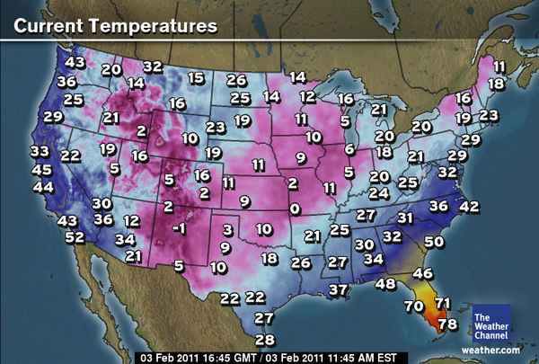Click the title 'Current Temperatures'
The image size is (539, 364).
(114, 25)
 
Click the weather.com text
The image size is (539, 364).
(490, 350)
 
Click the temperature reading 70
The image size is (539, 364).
(414, 306)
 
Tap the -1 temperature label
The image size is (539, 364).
(179, 228)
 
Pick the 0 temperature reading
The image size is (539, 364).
(294, 209)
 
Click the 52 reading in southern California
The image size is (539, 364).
(75, 237)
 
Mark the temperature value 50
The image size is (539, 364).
(435, 241)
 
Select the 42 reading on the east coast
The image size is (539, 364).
(469, 206)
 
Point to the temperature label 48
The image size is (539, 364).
(385, 284)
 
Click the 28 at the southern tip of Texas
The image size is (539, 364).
(264, 339)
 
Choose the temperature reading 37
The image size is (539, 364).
(338, 289)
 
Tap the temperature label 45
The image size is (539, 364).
(41, 170)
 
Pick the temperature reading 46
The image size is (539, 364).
(422, 273)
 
